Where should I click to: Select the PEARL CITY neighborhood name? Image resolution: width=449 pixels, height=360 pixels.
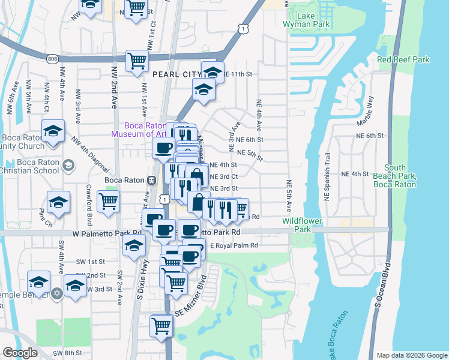tap(176, 74)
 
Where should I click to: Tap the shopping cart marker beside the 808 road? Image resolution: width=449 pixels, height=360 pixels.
tap(137, 61)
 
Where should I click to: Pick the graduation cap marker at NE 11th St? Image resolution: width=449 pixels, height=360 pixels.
tap(212, 73)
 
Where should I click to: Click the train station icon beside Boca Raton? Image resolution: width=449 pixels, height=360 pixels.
tap(152, 179)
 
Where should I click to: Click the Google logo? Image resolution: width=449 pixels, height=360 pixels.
tap(20, 352)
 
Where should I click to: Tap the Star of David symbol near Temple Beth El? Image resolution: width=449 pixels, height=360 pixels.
tap(56, 293)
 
